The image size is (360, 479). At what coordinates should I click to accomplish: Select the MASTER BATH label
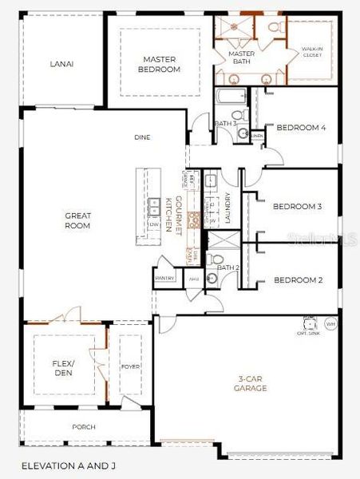(x=242, y=58)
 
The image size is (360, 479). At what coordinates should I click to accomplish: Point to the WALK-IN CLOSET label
(x=312, y=53)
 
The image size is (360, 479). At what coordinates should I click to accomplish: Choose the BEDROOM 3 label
(x=297, y=207)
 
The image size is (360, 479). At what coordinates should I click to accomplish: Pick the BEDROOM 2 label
(x=297, y=279)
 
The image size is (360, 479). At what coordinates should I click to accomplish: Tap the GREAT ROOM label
(x=77, y=220)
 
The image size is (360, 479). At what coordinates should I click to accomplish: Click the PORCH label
(x=84, y=427)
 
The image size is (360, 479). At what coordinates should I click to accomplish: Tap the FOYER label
(x=131, y=367)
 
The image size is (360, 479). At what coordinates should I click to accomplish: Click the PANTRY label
(x=165, y=278)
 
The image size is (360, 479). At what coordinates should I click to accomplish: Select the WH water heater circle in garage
(x=331, y=324)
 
